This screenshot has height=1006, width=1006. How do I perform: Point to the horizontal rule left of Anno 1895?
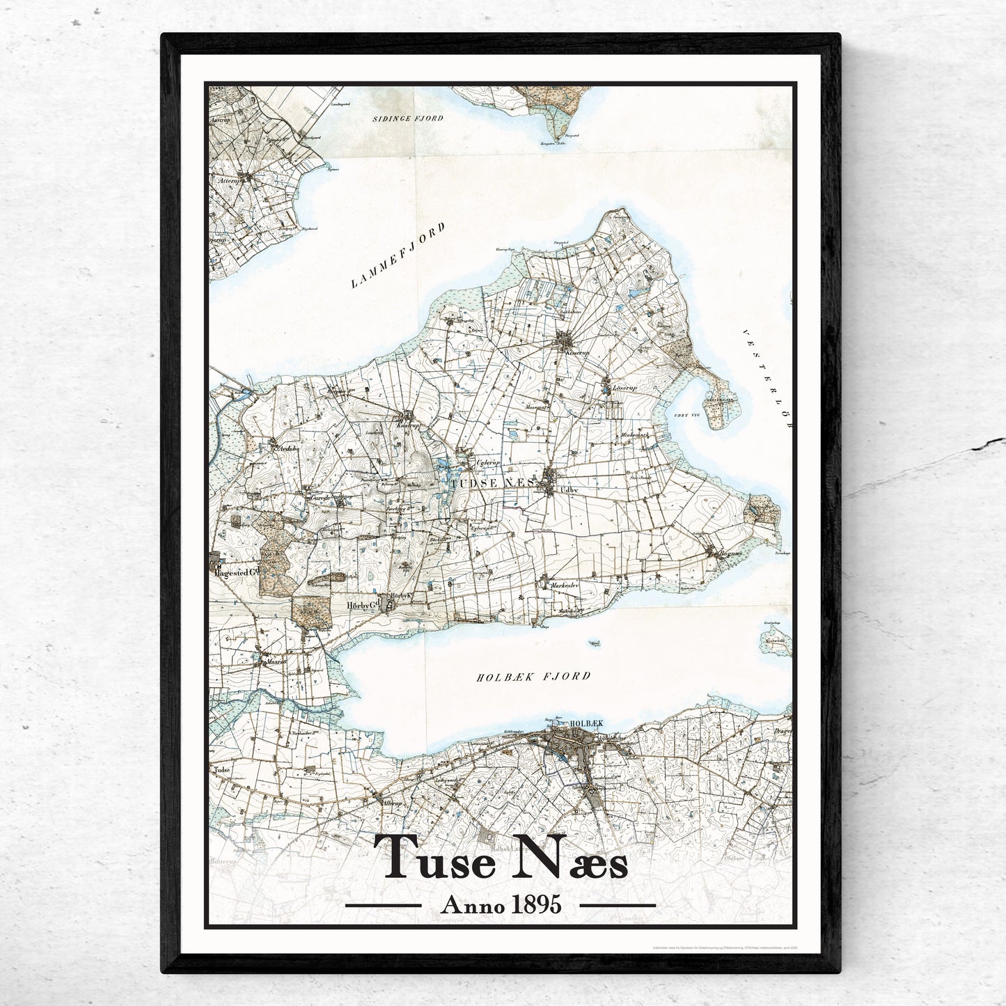(x=384, y=906)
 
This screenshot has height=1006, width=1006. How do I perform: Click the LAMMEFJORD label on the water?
(x=398, y=258)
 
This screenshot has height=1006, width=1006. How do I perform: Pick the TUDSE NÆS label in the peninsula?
(x=492, y=482)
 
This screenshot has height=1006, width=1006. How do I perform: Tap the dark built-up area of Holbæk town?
(x=565, y=746)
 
